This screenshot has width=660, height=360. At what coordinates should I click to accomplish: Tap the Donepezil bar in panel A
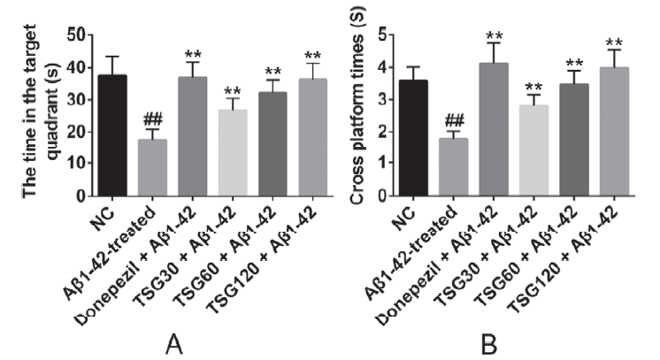pos(192,136)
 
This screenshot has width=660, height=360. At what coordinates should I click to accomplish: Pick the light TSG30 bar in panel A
pos(233,153)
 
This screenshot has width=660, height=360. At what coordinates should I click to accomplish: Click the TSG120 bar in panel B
pos(614,132)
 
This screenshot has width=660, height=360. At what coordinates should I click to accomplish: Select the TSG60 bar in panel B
pos(574,140)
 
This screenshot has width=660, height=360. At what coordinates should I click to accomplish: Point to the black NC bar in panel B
pos(414,138)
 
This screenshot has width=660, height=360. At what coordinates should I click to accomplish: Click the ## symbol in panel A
pos(152,120)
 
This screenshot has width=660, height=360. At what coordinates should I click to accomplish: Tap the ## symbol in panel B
pos(454,122)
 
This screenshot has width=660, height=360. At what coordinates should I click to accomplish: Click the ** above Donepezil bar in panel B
pos(494,35)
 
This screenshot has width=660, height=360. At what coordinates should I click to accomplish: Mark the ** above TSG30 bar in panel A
pos(233,91)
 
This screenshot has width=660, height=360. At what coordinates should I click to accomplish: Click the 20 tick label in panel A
pos(76,132)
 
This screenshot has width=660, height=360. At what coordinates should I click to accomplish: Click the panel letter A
pos(173,345)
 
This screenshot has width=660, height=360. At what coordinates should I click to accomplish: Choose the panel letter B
pos(488,345)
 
